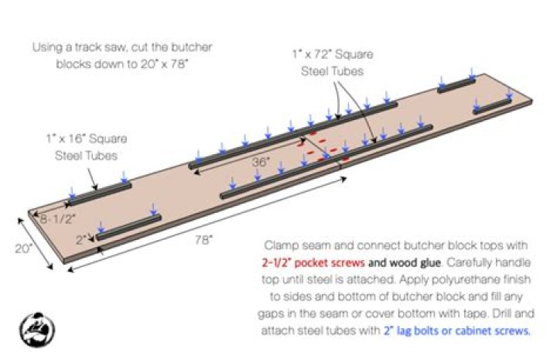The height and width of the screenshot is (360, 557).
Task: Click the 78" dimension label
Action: (203, 240)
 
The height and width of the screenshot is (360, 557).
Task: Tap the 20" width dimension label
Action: (23, 249)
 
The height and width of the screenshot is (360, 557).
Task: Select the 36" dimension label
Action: (261, 162)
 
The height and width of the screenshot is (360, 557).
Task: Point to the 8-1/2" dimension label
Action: (57, 219)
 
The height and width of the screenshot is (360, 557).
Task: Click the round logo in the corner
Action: (37, 330)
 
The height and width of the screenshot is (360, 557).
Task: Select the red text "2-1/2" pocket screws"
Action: (313, 262)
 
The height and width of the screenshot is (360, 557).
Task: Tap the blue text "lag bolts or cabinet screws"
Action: (463, 331)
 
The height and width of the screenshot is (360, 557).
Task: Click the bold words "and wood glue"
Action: (405, 262)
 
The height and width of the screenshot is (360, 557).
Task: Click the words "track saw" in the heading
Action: (100, 47)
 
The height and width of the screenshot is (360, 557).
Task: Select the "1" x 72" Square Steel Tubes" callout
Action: (333, 63)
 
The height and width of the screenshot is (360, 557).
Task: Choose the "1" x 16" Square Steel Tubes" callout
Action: (87, 147)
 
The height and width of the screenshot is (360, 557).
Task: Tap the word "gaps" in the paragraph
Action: (270, 314)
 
